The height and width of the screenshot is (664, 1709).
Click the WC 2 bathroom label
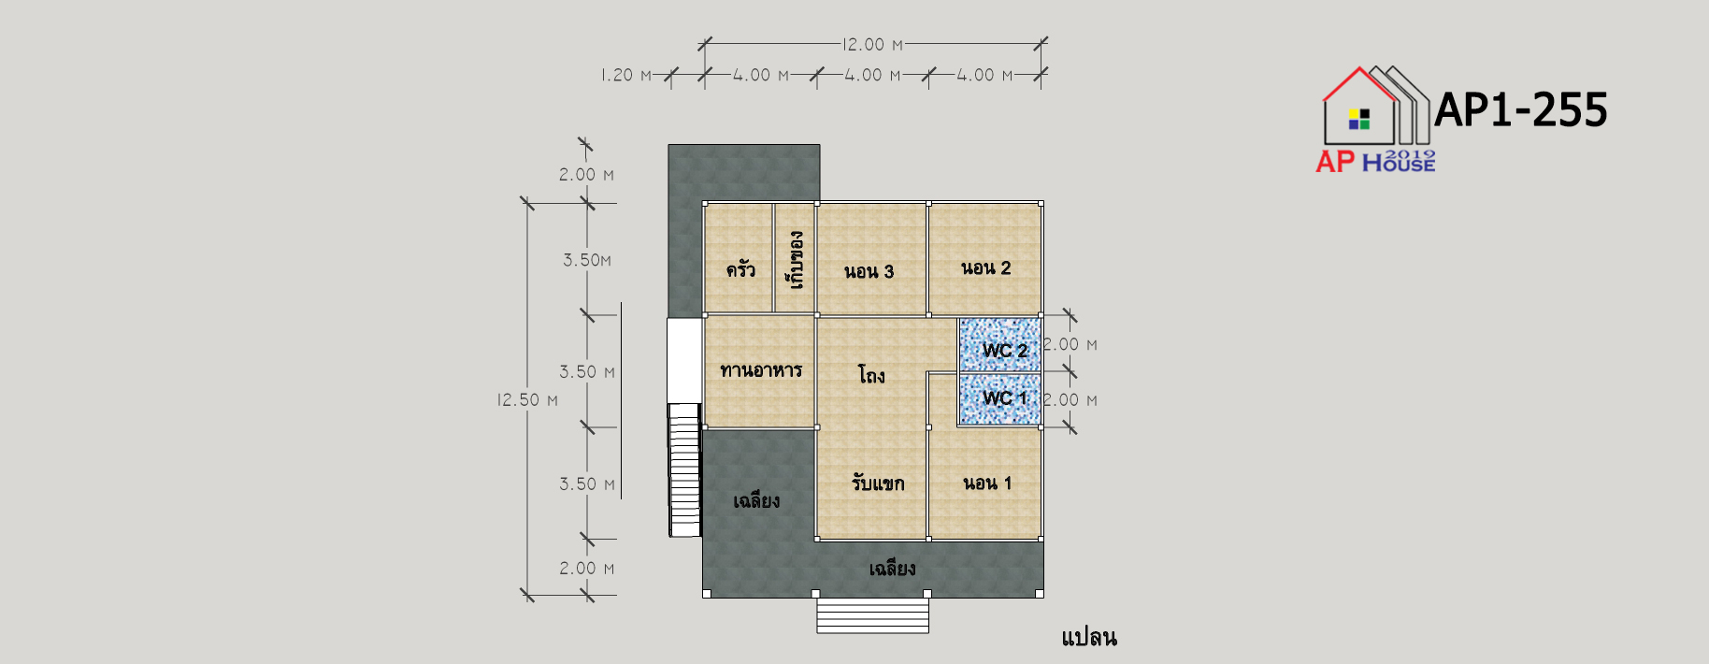[x=1005, y=351]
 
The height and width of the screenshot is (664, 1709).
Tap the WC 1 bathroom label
[x=1005, y=398]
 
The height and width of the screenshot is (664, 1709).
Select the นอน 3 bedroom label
[x=869, y=272]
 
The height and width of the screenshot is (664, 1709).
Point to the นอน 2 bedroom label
[x=986, y=268]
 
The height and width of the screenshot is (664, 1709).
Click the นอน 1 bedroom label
[x=987, y=484]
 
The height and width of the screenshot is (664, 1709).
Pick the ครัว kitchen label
[x=740, y=269]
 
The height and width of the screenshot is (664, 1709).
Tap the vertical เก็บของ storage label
[x=796, y=260]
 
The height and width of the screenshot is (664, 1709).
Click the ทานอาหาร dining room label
[x=761, y=370]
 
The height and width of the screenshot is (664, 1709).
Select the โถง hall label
[x=871, y=375]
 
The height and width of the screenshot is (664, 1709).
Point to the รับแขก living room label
[x=878, y=483]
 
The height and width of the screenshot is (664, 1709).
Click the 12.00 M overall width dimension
[x=873, y=45]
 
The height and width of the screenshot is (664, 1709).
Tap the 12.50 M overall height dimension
[x=527, y=400]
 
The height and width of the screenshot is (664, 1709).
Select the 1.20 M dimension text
[x=626, y=75]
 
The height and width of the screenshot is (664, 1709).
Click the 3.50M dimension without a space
[x=587, y=260]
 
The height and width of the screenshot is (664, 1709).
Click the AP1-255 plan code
[x=1521, y=109]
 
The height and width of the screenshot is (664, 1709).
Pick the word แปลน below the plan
[x=1089, y=638]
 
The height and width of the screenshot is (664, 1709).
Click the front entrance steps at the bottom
[x=872, y=615]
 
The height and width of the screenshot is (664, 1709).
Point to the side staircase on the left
[x=685, y=469]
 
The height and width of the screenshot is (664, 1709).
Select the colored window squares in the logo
[x=1359, y=119]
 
